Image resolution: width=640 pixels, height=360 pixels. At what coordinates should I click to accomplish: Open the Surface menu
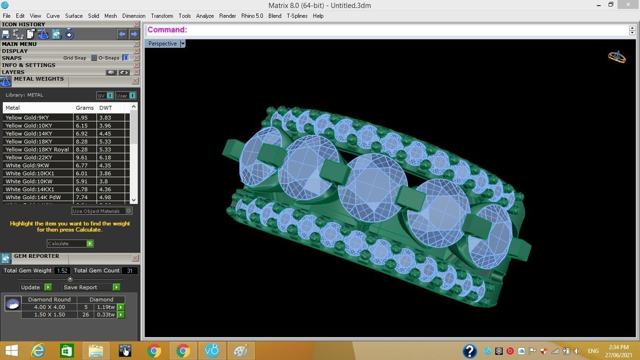pyautogui.click(x=74, y=15)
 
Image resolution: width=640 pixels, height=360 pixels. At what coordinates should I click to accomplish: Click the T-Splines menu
pyautogui.click(x=297, y=15)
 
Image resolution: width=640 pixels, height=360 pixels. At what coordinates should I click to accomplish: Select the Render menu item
pyautogui.click(x=227, y=15)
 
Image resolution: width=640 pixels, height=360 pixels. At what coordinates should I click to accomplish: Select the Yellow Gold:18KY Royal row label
pyautogui.click(x=37, y=150)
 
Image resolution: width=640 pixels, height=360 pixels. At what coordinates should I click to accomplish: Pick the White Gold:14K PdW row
pyautogui.click(x=33, y=197)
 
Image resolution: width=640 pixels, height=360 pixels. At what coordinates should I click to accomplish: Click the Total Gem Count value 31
pyautogui.click(x=129, y=270)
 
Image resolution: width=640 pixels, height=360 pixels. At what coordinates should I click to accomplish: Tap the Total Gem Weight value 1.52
pyautogui.click(x=62, y=270)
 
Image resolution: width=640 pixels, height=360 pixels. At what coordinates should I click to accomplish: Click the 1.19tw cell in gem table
pyautogui.click(x=105, y=307)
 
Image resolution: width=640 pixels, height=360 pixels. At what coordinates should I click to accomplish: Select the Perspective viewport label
pyautogui.click(x=163, y=44)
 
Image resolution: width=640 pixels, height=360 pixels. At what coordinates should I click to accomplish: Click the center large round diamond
pyautogui.click(x=372, y=187)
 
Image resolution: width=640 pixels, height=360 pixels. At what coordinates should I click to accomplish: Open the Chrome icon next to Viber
pyautogui.click(x=183, y=351)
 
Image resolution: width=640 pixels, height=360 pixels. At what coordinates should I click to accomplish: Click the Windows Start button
pyautogui.click(x=12, y=351)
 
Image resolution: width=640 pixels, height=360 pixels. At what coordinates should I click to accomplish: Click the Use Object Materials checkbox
pyautogui.click(x=128, y=211)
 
